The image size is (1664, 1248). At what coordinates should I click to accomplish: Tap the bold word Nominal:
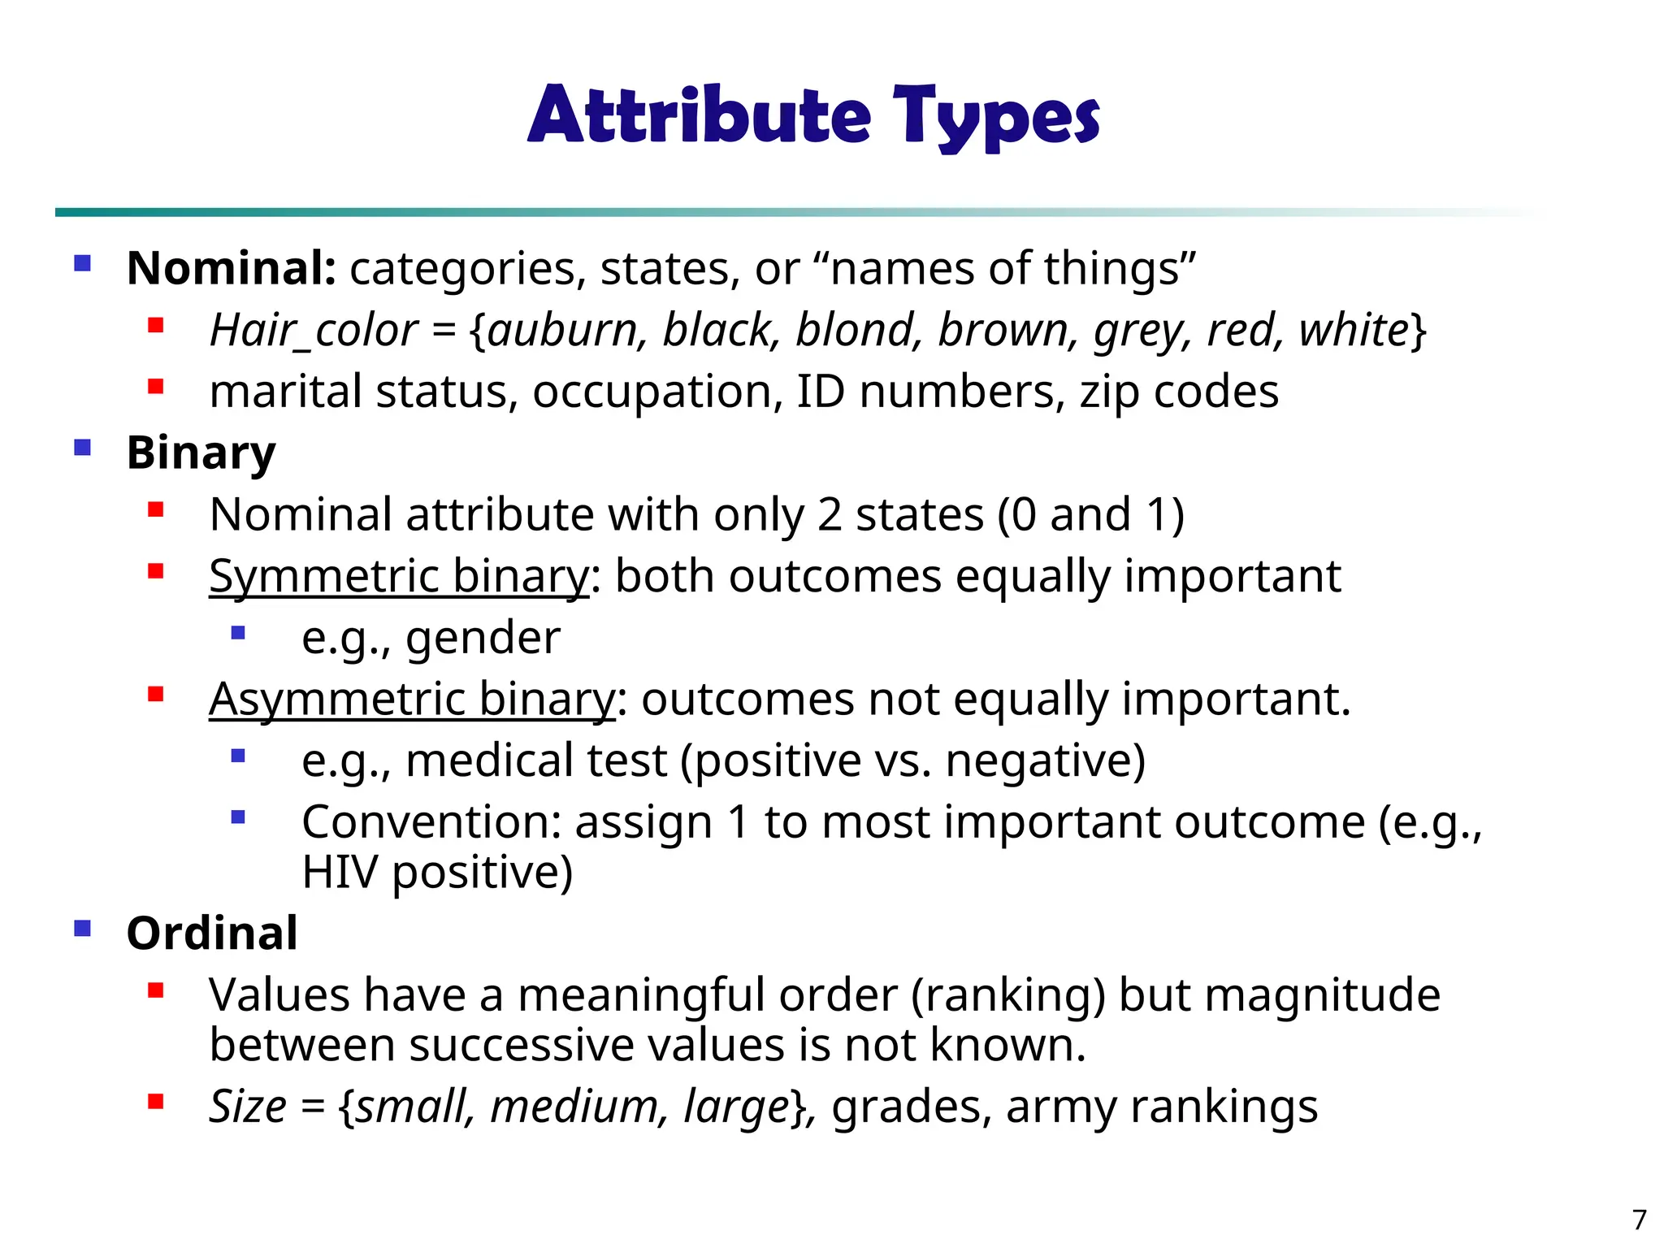(232, 268)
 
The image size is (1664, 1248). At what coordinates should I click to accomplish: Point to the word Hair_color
(314, 330)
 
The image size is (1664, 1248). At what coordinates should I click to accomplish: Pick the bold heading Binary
(201, 453)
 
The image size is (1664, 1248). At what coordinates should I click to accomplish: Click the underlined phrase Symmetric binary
(399, 576)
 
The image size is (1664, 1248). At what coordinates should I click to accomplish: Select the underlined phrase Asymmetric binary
(412, 699)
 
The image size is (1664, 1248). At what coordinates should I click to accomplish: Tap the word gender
(483, 637)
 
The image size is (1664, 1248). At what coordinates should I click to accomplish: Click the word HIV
(340, 872)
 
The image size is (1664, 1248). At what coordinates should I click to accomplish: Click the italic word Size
(247, 1107)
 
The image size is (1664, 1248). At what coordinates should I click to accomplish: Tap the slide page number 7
(1640, 1220)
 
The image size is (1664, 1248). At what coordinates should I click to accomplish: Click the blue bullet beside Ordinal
(82, 928)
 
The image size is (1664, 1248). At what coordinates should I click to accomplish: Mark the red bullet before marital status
(156, 387)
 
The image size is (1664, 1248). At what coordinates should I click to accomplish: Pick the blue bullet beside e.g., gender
(238, 633)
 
